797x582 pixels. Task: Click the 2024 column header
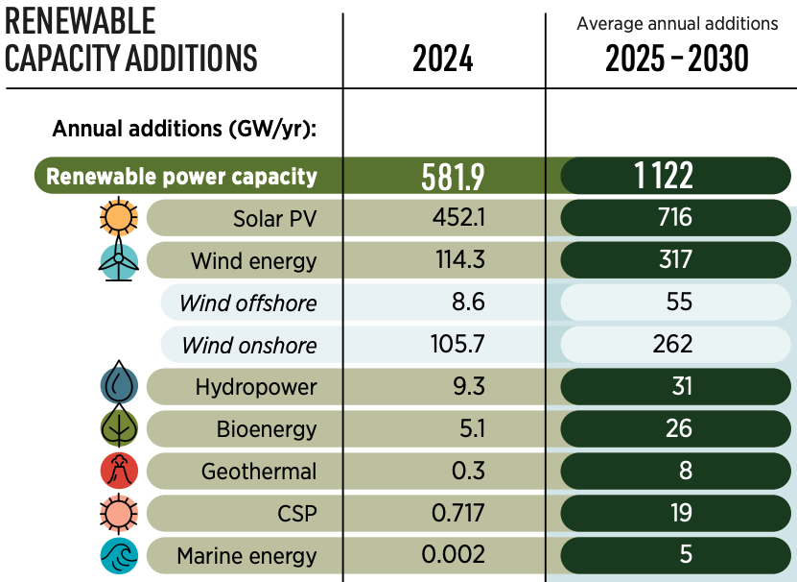click(442, 59)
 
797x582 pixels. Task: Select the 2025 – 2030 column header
click(676, 59)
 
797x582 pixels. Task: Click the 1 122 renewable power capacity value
click(676, 176)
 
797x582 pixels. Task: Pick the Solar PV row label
click(274, 218)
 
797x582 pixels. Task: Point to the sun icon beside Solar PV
click(120, 218)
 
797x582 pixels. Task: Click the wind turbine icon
click(120, 259)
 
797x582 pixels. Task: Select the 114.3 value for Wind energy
click(458, 260)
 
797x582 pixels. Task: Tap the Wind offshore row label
click(247, 303)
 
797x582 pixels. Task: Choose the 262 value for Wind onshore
click(676, 345)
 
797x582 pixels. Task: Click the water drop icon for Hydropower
click(120, 385)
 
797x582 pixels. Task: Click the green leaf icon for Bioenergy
click(120, 427)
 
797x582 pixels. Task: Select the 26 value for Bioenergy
click(678, 428)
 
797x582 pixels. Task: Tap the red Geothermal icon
click(120, 471)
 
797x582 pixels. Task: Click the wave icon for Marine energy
click(120, 555)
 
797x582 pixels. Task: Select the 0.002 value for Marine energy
click(454, 555)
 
